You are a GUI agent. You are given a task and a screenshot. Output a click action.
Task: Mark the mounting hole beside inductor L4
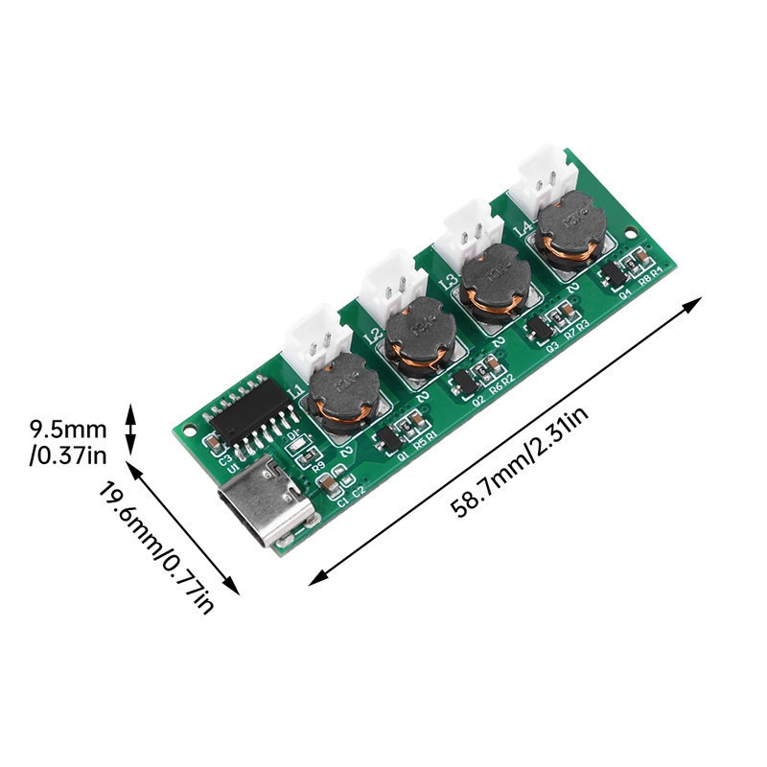tap(629, 233)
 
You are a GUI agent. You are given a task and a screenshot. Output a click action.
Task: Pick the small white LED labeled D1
tap(295, 445)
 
